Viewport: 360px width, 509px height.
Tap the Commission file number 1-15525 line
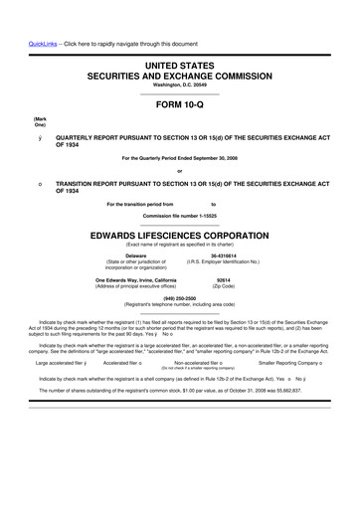pos(179,215)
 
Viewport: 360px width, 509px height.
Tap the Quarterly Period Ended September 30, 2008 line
pos(179,158)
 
